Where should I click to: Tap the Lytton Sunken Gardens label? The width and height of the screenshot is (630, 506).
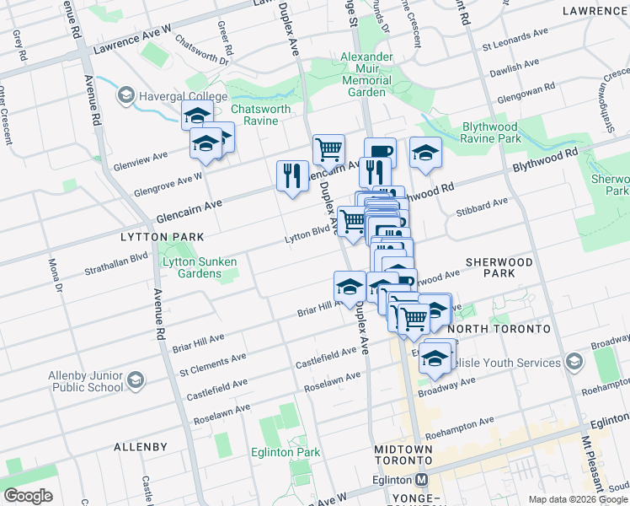coord(199,267)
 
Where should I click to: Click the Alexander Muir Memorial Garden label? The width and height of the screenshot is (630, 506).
coord(366,74)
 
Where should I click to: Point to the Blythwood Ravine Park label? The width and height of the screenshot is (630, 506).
coord(504,132)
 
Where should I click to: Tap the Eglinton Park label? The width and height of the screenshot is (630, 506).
coord(286,452)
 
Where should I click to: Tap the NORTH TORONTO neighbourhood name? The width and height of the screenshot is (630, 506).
coord(500,327)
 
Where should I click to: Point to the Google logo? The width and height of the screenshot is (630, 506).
coord(28,495)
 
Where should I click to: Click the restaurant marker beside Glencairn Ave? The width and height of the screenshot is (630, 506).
coord(291,176)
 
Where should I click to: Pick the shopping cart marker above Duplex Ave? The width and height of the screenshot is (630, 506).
coord(328,149)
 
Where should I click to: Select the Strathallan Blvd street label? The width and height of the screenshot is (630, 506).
coord(115,264)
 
